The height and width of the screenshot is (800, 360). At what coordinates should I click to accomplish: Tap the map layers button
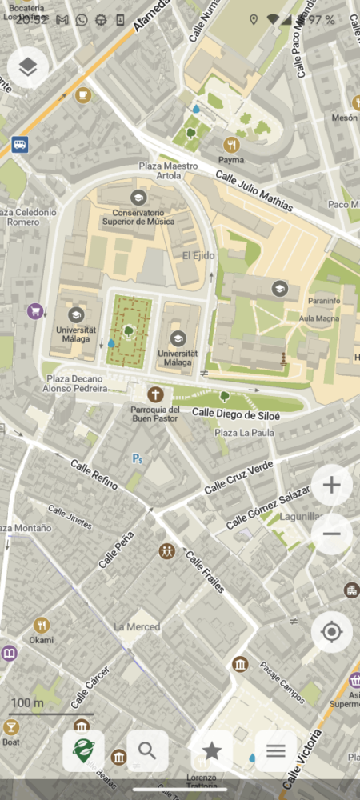[28, 68]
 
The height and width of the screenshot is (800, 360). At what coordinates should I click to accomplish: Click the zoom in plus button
[331, 485]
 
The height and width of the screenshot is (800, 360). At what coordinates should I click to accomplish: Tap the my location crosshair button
[331, 633]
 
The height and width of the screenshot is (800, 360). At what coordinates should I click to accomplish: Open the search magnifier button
[147, 750]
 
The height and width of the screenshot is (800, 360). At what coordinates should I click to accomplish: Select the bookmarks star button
[212, 750]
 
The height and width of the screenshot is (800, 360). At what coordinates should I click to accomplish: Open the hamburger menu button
[276, 750]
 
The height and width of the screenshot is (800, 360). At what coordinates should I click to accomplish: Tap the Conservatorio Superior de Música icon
[138, 197]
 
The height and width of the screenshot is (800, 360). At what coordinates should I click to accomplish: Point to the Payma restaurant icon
[231, 145]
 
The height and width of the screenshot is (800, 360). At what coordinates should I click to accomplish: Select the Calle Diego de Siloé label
[236, 414]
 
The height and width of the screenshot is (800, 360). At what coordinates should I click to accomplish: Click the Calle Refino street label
[94, 474]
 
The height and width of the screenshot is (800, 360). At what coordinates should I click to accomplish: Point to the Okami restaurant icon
[42, 625]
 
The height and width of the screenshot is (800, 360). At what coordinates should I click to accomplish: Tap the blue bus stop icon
[20, 146]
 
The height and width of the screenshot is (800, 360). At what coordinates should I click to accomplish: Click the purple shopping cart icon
[34, 310]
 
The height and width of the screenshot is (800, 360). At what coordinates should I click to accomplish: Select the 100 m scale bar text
[27, 703]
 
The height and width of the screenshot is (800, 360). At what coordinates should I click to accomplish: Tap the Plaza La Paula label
[244, 433]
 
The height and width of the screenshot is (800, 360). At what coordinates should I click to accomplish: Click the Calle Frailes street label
[205, 571]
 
